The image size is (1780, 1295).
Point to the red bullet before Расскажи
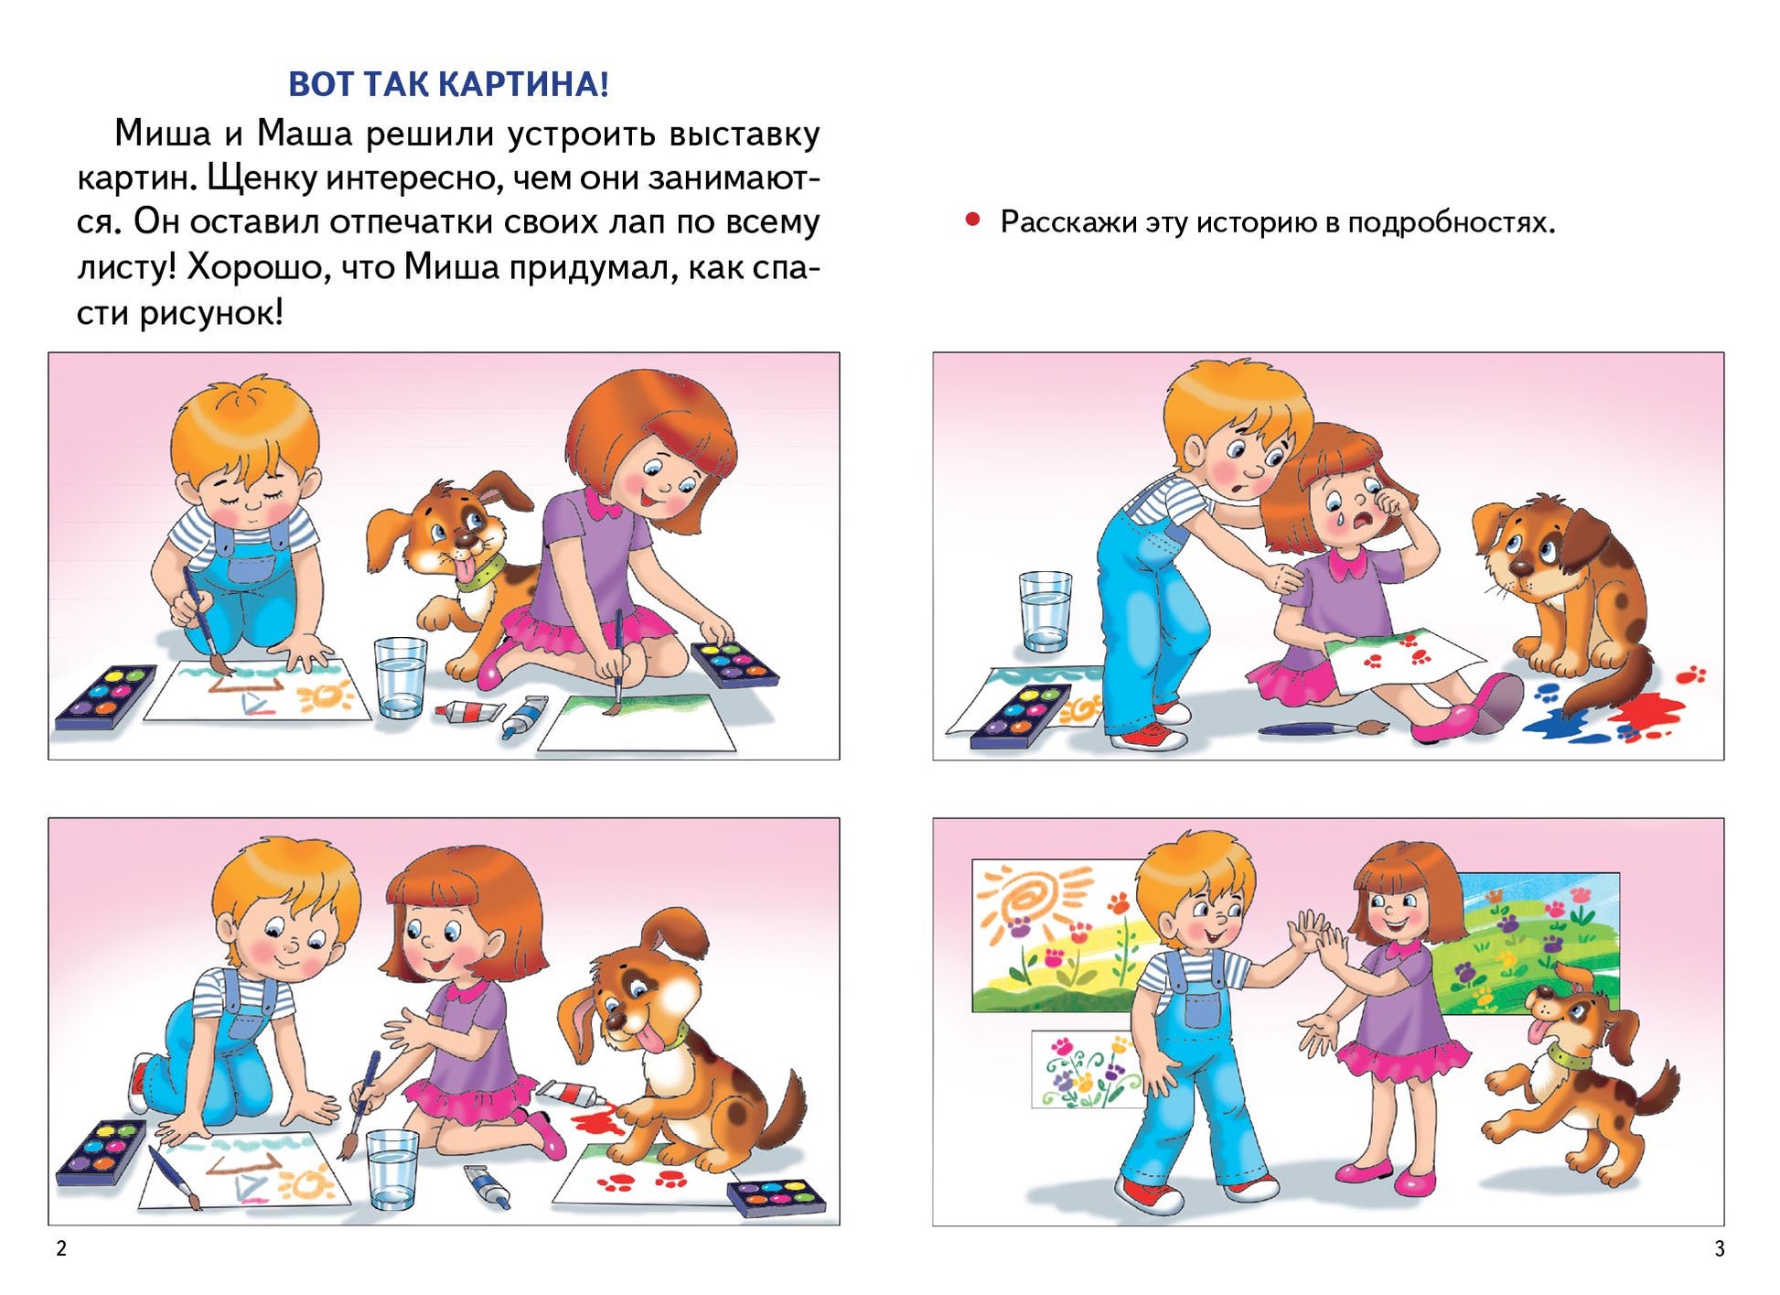tap(973, 220)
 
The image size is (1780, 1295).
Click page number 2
tap(61, 1248)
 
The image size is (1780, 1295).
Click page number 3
tap(1720, 1248)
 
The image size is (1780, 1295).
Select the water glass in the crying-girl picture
tap(1045, 611)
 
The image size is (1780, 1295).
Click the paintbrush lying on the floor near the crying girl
tap(1323, 728)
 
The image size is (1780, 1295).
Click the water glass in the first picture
tap(401, 677)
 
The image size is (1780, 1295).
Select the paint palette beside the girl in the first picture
tap(735, 664)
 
